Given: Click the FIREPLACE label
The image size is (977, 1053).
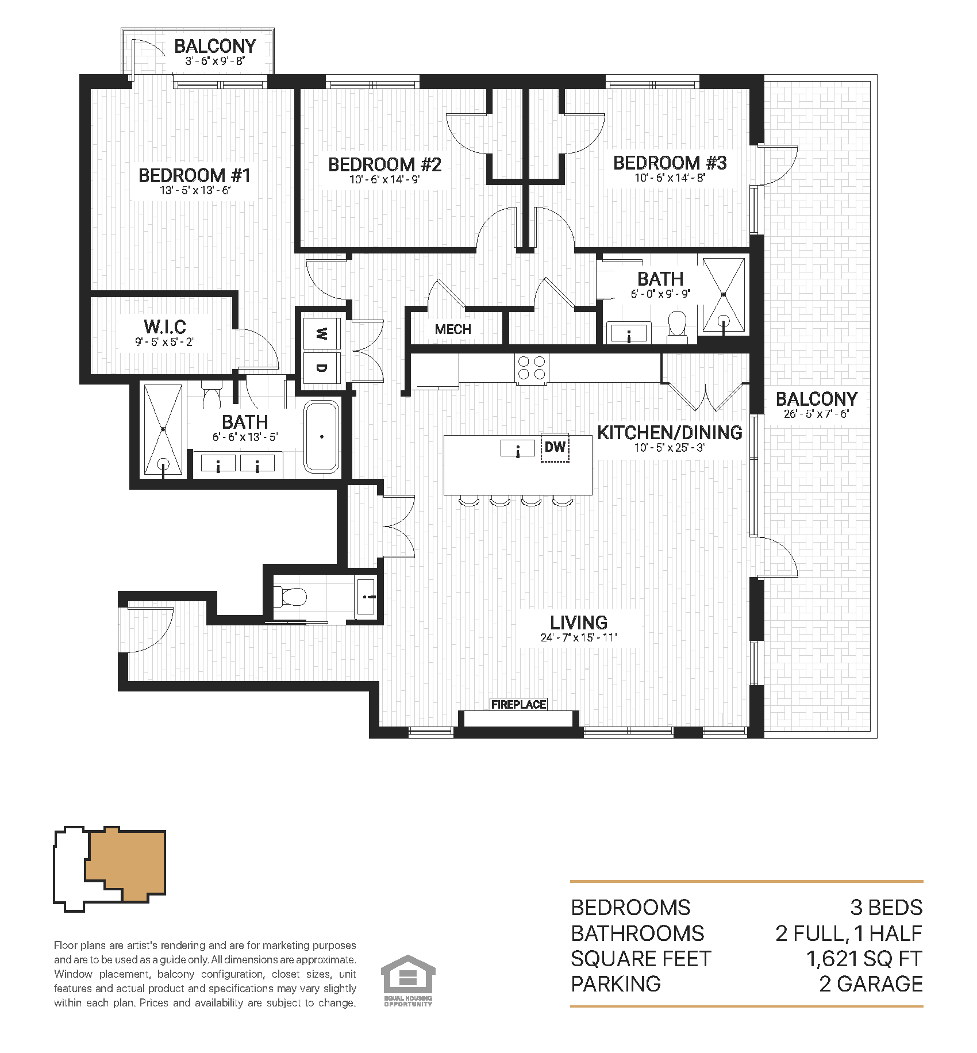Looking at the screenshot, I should (518, 704).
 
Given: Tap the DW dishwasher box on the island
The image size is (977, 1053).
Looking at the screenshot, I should (555, 447).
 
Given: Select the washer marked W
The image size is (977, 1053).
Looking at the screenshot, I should (321, 333).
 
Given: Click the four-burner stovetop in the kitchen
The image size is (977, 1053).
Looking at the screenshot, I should (532, 368).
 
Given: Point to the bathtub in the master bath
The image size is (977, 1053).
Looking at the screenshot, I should (322, 437).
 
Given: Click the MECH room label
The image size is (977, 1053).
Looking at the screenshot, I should (453, 329).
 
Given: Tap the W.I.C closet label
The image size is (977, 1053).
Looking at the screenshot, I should (165, 326).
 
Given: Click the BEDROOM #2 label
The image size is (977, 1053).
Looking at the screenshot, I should (384, 164).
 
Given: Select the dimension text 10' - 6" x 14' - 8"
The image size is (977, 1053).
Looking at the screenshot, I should (670, 178).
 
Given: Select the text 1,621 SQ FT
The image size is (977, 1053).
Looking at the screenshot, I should (864, 959).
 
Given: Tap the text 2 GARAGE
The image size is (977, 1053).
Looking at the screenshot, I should (871, 984).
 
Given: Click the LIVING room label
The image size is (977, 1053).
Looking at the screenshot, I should (578, 622).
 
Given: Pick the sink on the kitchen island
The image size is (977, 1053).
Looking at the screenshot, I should (517, 448).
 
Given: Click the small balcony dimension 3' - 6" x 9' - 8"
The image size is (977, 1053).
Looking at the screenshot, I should (215, 61).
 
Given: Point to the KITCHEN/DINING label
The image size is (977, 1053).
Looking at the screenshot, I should (670, 432).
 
